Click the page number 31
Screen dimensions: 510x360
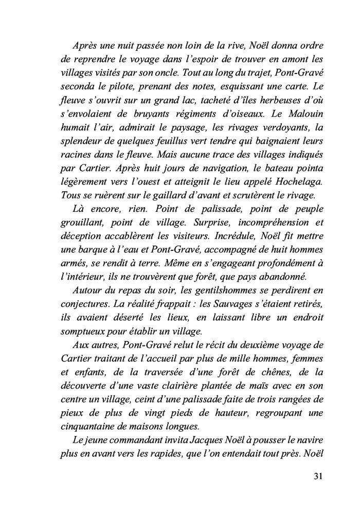pyautogui.click(x=318, y=476)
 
